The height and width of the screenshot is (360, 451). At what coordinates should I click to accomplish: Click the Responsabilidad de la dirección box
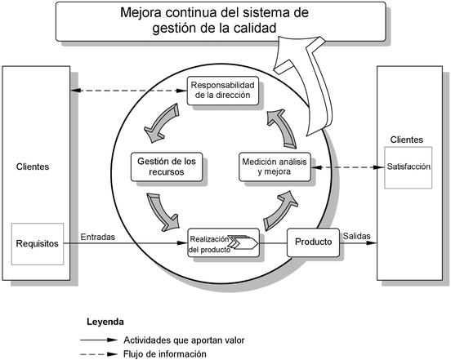pos(223,91)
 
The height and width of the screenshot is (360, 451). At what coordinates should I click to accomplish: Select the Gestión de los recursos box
pos(167,167)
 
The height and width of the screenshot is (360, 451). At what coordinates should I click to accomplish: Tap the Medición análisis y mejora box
pos(275,167)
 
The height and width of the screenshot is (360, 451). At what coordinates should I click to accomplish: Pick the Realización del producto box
pos(224,242)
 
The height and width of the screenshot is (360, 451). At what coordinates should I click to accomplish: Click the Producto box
pos(313,242)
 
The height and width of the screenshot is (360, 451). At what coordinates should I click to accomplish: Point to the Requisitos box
pos(38,244)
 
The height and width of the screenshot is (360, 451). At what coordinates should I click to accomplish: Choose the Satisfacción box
pos(409,167)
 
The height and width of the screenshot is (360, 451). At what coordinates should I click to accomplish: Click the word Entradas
pos(98,237)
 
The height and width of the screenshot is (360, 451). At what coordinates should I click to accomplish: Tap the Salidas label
pos(357,236)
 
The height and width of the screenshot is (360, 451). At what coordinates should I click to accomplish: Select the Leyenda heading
pos(105,322)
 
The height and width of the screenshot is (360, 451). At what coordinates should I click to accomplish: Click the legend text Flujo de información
pos(165,354)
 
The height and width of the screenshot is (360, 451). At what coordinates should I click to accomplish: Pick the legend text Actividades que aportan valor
pos(184,340)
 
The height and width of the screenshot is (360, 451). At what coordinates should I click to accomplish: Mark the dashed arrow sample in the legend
pos(99,354)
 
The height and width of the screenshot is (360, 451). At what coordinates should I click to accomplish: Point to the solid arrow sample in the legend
pos(99,340)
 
